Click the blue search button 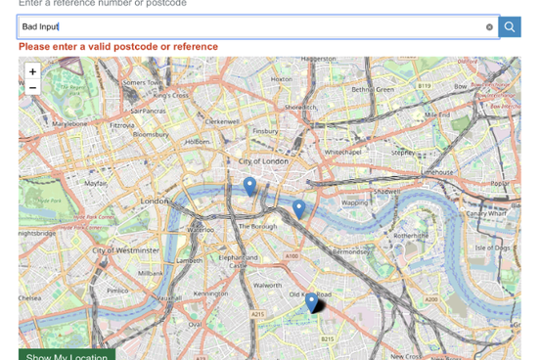click(x=510, y=27)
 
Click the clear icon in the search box click(x=489, y=27)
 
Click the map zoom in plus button click(x=32, y=71)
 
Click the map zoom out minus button click(x=32, y=88)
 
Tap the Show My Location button click(x=67, y=355)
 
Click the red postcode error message click(x=118, y=47)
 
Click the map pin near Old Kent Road click(x=311, y=303)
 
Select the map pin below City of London click(x=249, y=186)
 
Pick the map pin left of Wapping click(x=298, y=208)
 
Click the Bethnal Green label click(x=372, y=89)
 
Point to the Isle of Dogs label click(x=492, y=247)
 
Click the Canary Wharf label click(x=479, y=212)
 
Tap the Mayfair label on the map click(x=95, y=183)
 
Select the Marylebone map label click(x=69, y=124)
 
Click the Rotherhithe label click(x=411, y=236)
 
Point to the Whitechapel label click(x=343, y=153)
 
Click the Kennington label click(x=210, y=292)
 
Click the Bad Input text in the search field click(x=41, y=27)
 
